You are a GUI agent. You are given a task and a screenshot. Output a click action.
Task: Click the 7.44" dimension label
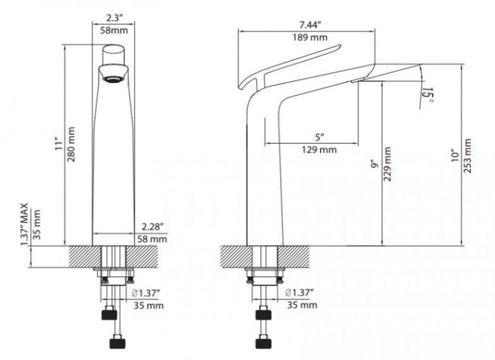[x=310, y=24]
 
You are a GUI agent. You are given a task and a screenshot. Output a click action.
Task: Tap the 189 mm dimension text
[x=310, y=37]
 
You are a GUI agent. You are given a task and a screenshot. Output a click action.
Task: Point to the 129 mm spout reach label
[x=319, y=149]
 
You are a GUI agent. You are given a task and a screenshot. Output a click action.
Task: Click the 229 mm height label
[x=388, y=164]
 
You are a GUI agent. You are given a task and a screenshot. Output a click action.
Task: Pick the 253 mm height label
[x=467, y=156]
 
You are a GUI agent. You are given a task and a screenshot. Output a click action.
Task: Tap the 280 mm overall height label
[x=71, y=144]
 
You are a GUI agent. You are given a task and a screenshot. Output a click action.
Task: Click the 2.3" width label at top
[x=114, y=17]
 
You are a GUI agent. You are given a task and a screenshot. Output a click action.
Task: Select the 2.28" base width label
[x=153, y=227]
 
